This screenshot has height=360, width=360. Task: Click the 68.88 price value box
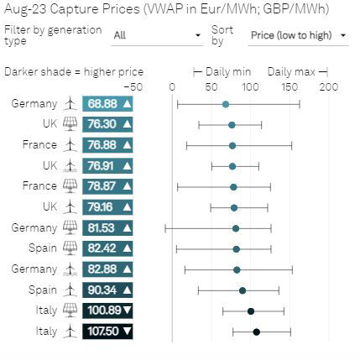pyautogui.click(x=107, y=104)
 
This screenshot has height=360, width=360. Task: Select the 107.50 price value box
pyautogui.click(x=107, y=331)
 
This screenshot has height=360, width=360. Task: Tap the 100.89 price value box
pyautogui.click(x=107, y=310)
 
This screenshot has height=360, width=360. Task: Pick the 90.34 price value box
pyautogui.click(x=107, y=290)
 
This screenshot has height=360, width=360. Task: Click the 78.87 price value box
pyautogui.click(x=107, y=186)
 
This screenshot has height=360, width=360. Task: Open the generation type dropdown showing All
pyautogui.click(x=156, y=36)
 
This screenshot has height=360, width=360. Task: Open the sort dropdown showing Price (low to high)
pyautogui.click(x=299, y=36)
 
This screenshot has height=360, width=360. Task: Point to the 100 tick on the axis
pyautogui.click(x=250, y=86)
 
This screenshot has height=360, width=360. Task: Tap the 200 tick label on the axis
pyautogui.click(x=328, y=86)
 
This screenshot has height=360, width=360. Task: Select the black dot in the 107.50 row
pyautogui.click(x=256, y=331)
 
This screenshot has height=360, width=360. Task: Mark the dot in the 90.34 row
pyautogui.click(x=243, y=290)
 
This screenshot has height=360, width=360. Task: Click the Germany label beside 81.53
pyautogui.click(x=34, y=228)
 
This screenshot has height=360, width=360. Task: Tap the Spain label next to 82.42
pyautogui.click(x=43, y=248)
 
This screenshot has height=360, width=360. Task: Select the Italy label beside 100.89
pyautogui.click(x=46, y=310)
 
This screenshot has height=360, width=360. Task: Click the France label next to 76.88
pyautogui.click(x=39, y=145)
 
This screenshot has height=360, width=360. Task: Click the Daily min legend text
pyautogui.click(x=228, y=72)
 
